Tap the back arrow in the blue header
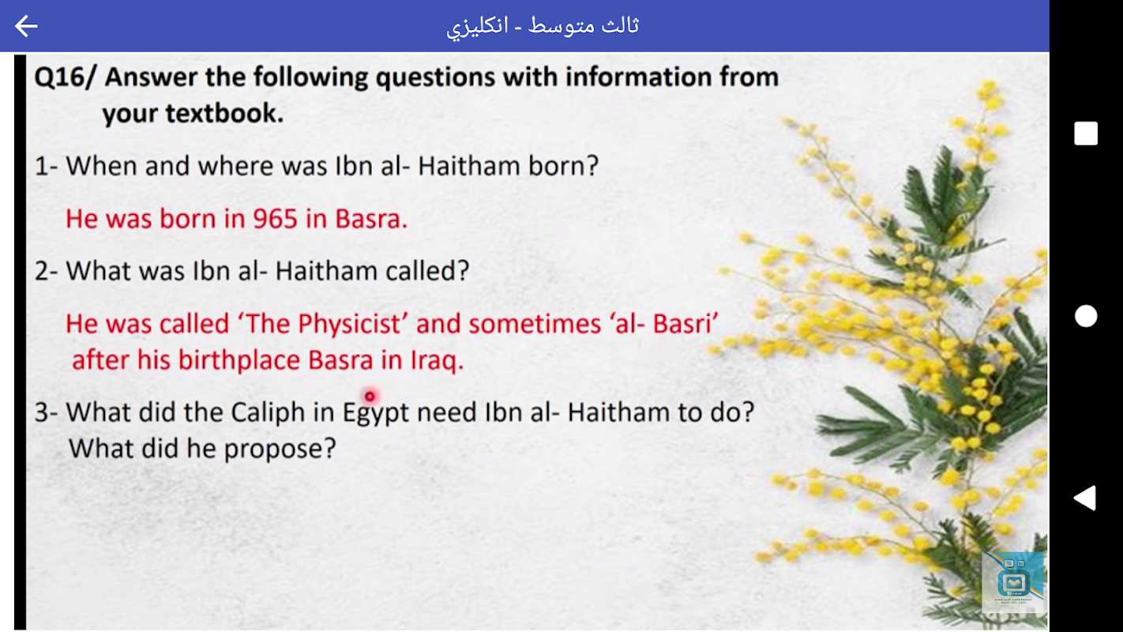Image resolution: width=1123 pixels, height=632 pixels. (26, 26)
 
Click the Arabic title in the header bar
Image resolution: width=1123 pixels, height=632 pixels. (543, 26)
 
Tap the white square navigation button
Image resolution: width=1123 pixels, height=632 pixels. (1086, 134)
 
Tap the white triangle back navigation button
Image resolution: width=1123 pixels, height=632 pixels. (1085, 498)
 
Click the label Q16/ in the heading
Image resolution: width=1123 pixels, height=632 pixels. (64, 77)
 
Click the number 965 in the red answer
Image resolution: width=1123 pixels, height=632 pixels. (275, 219)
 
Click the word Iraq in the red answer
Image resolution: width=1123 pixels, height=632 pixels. (437, 360)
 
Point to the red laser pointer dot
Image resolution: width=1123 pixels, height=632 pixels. (370, 397)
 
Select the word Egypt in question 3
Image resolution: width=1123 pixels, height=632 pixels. (375, 413)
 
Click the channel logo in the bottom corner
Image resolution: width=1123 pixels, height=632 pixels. (1012, 582)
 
